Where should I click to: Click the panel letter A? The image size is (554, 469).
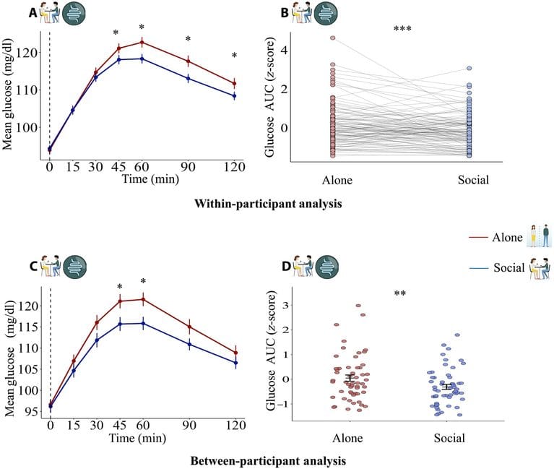coord(33,13)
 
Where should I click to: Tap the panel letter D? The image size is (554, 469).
coord(286,267)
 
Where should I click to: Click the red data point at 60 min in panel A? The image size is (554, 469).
coord(142,43)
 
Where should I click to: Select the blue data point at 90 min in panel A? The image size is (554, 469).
coord(188,79)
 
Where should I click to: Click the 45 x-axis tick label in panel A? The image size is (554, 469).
coord(119,166)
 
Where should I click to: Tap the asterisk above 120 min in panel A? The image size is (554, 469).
coord(234,55)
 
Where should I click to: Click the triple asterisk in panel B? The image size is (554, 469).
coord(402,29)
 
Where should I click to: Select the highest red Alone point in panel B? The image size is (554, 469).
coord(333,38)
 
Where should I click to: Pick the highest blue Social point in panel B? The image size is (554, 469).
coord(469,69)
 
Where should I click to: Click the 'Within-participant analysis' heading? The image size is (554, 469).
coord(268,204)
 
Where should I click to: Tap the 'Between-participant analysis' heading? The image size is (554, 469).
coord(268,461)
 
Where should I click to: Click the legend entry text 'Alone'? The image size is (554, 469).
coord(507,237)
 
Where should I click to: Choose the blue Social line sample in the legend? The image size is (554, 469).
coord(479,268)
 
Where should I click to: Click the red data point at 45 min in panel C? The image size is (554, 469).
coord(120,301)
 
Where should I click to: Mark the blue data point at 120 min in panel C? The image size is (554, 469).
coord(235,363)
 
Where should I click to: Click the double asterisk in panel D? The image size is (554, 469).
coord(400,293)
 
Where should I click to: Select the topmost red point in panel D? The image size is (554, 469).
coord(358,306)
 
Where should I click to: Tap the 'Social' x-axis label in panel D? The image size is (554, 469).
coord(449,438)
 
